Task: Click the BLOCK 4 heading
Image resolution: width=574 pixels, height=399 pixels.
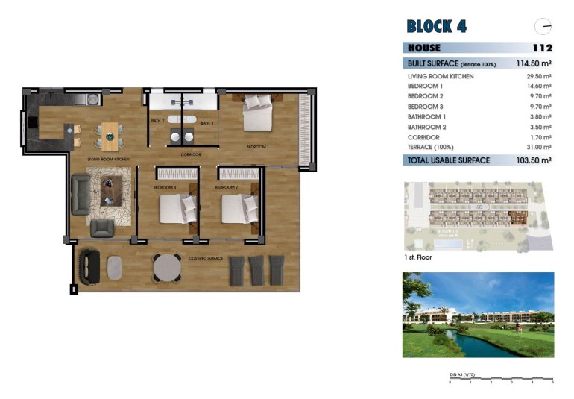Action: [436, 26]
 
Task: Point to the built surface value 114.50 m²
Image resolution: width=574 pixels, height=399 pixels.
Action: [534, 63]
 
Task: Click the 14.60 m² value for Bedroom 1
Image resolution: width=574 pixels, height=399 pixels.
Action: [540, 87]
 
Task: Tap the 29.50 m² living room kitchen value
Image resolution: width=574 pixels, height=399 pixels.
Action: [540, 76]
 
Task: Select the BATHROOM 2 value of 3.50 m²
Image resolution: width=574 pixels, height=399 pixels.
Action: [541, 128]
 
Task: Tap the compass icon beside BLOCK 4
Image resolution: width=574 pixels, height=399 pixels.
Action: [544, 26]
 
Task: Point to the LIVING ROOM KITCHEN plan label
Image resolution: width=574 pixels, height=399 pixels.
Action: [109, 159]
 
